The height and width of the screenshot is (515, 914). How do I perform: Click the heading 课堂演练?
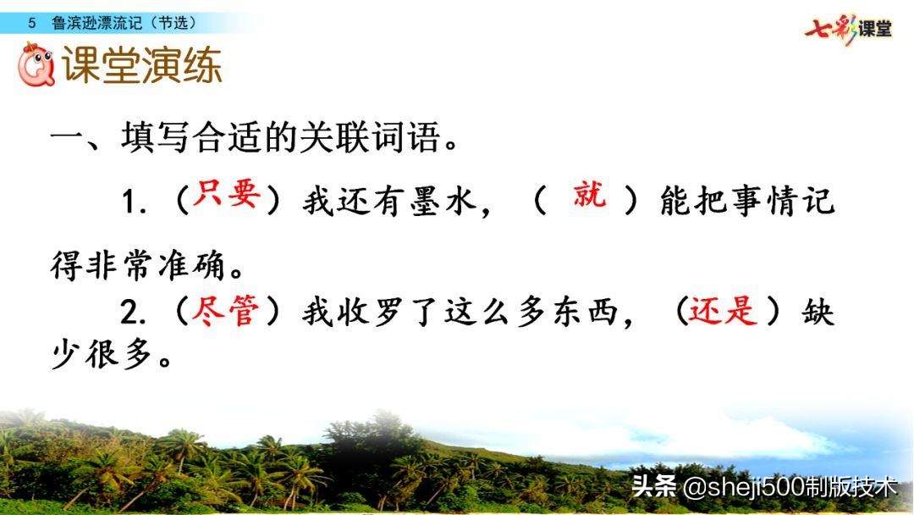(142, 67)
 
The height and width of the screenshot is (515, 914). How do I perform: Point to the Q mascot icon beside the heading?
(36, 66)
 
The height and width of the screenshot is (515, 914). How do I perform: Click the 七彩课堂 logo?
(848, 28)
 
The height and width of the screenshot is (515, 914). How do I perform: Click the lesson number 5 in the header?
(31, 23)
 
